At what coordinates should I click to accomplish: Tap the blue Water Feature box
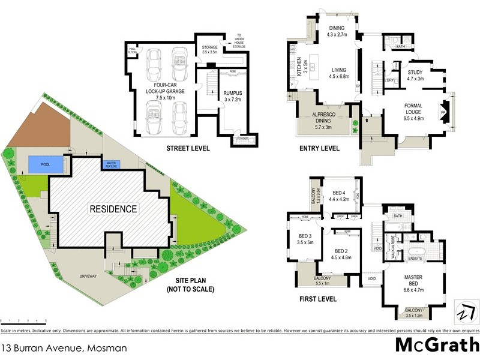click(111, 164)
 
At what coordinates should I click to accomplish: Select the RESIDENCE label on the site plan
click(113, 209)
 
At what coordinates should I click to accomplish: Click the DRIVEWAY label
click(91, 277)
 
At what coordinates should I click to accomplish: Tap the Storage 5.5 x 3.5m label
click(209, 49)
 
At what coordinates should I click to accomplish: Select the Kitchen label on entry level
click(298, 67)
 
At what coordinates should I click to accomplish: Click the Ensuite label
click(416, 259)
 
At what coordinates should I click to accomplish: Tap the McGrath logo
click(437, 344)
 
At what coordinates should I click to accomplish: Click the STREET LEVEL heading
click(184, 148)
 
